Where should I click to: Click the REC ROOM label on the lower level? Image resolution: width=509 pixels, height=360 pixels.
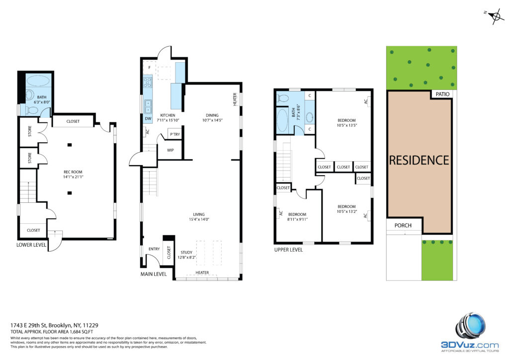(73, 172)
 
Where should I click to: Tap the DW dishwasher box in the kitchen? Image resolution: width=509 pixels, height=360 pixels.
(148, 119)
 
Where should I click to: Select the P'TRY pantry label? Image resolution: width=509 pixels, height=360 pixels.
(175, 134)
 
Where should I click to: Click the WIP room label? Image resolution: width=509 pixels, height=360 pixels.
(170, 150)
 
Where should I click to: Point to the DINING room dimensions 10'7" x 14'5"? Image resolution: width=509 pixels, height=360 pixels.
(212, 120)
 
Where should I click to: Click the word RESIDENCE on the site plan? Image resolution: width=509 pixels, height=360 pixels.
(419, 161)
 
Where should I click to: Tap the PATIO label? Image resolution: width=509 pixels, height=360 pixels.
(442, 94)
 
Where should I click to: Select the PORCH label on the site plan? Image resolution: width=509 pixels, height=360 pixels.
(403, 225)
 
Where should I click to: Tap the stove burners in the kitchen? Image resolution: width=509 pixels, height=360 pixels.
(148, 82)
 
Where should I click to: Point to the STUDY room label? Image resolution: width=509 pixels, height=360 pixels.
(186, 252)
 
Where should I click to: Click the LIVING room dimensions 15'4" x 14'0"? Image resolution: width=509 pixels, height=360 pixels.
(199, 219)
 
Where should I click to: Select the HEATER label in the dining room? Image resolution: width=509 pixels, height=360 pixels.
(235, 99)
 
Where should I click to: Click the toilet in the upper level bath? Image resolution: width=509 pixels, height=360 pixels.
(283, 98)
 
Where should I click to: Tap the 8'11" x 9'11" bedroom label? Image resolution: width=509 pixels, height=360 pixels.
(297, 219)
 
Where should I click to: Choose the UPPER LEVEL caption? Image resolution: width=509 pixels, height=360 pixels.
(288, 250)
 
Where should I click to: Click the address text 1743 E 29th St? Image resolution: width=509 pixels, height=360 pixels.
(28, 325)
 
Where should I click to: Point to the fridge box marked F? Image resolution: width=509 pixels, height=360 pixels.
(149, 68)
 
